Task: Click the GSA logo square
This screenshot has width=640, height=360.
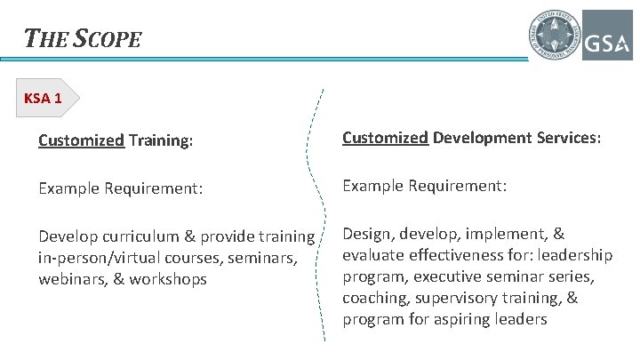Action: click(x=607, y=35)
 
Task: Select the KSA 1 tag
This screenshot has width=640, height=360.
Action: click(x=44, y=99)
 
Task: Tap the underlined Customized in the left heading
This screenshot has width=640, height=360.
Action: click(x=81, y=140)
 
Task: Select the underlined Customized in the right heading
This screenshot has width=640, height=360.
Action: click(x=386, y=139)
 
